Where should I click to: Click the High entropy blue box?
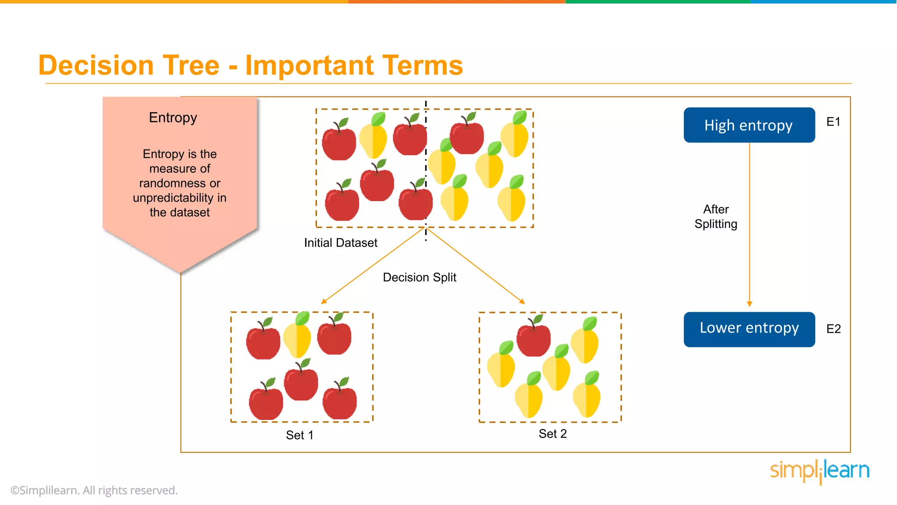click(749, 125)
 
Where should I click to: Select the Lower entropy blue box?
click(749, 329)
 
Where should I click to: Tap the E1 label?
click(833, 122)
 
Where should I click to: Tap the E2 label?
click(833, 329)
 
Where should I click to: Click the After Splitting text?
click(716, 217)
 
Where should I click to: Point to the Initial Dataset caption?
click(340, 243)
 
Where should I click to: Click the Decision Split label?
click(419, 277)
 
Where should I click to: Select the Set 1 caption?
click(300, 435)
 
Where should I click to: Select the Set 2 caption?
click(552, 434)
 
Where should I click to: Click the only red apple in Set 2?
click(533, 340)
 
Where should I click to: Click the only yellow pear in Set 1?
click(297, 338)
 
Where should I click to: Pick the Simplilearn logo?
click(819, 471)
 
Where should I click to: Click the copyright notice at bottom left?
click(94, 490)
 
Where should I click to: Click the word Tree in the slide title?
click(191, 66)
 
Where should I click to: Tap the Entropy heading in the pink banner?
click(173, 117)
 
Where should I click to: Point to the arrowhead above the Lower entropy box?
click(749, 304)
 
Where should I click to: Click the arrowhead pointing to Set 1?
click(324, 301)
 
